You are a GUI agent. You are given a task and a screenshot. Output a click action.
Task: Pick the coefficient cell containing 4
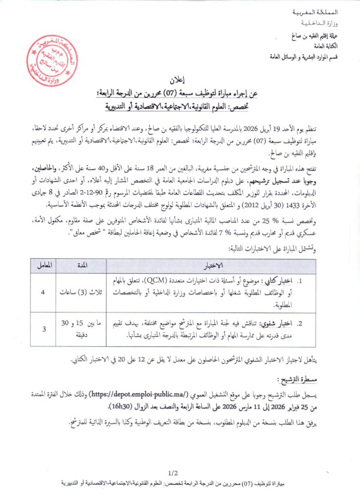point(45,293)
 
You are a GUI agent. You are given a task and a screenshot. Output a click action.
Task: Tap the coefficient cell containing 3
point(45,329)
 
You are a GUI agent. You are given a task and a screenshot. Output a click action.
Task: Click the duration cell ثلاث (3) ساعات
point(80,293)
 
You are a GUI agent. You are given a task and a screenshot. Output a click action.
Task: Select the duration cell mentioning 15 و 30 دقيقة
point(80,329)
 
